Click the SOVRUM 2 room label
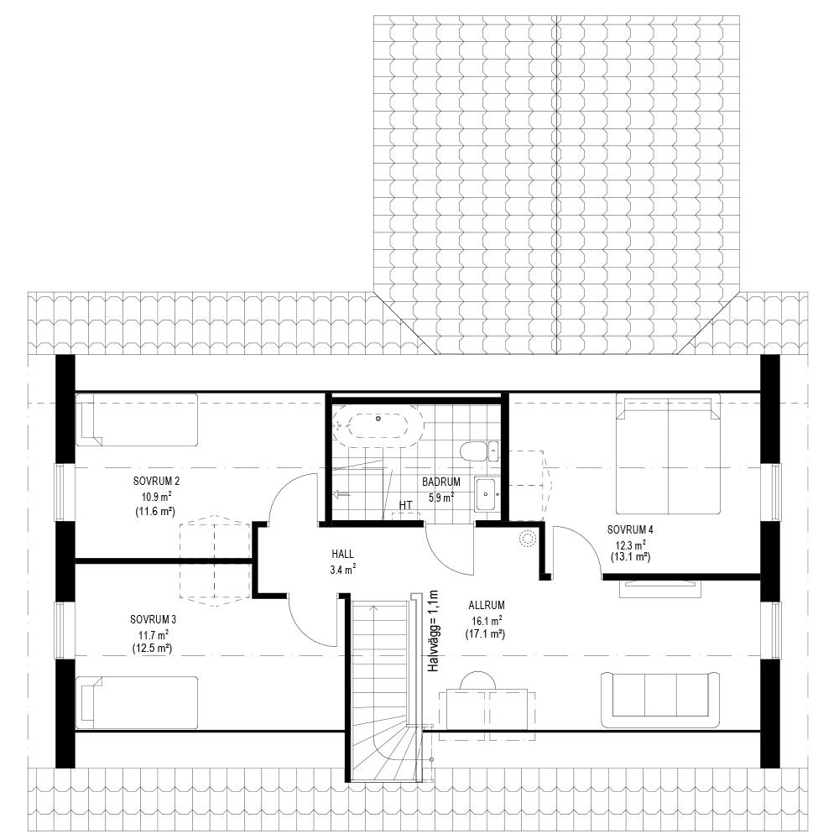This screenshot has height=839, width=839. click(156, 482)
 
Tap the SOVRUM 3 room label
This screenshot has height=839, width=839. click(153, 620)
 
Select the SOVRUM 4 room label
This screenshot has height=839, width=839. click(630, 529)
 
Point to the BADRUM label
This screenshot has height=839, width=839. click(441, 482)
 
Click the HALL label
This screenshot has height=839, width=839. click(342, 555)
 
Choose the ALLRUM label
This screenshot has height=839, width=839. click(487, 605)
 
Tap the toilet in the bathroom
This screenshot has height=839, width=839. click(479, 451)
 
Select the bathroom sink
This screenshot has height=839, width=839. click(487, 494)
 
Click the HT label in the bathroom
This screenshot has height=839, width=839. click(405, 505)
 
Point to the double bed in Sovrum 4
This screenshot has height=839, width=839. click(668, 454)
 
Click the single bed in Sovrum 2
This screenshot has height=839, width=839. click(137, 420)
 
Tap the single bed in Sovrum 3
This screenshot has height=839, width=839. click(137, 702)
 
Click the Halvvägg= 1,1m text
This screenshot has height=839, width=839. click(433, 631)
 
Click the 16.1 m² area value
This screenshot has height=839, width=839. click(487, 621)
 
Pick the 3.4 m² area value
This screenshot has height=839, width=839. click(343, 571)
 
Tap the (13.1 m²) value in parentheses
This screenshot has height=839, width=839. click(630, 557)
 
